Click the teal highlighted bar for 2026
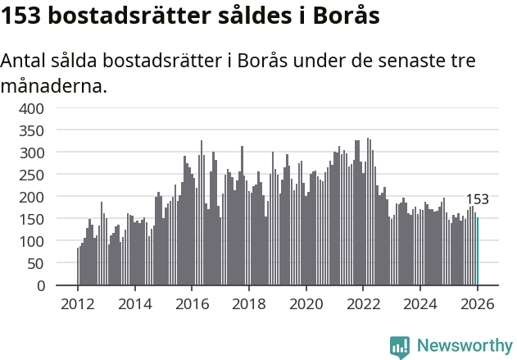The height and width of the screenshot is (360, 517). pyautogui.click(x=478, y=251)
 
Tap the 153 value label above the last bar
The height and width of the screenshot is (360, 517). pyautogui.click(x=478, y=199)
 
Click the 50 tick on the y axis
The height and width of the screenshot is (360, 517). pyautogui.click(x=37, y=263)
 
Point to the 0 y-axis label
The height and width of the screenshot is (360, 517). pyautogui.click(x=41, y=285)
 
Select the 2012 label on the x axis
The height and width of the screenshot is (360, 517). pyautogui.click(x=78, y=303)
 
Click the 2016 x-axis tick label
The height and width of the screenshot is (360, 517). pyautogui.click(x=191, y=303)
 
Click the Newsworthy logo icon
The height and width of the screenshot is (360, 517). pyautogui.click(x=400, y=346)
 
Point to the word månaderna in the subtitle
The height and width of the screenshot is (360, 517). pyautogui.click(x=54, y=85)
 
